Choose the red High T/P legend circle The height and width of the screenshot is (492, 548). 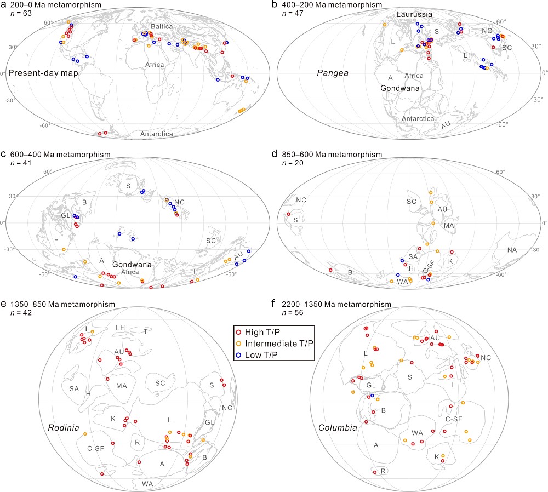click(238, 332)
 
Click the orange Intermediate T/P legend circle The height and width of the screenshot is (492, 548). click(238, 344)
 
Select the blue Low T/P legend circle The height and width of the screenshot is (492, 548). click(238, 355)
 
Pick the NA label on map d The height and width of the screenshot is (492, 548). click(512, 250)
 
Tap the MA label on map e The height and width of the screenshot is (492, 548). click(121, 386)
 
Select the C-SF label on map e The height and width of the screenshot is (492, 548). click(95, 448)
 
